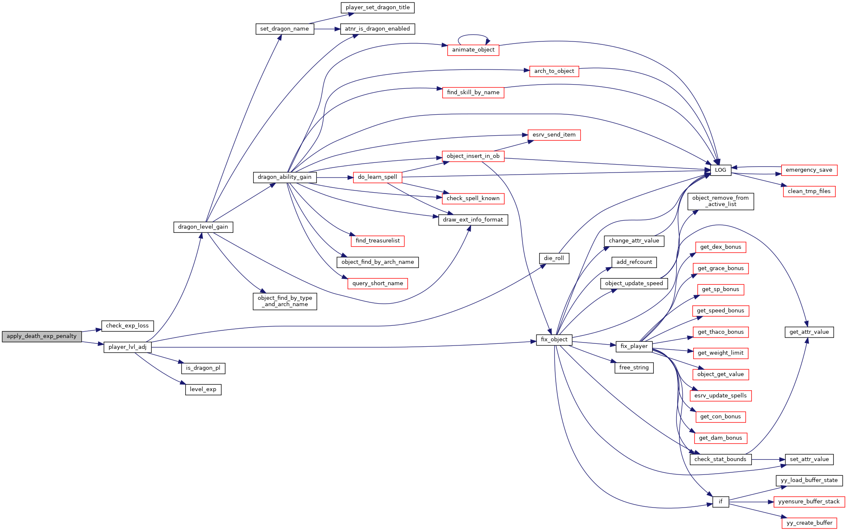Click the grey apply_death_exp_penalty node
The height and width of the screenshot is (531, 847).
[41, 336]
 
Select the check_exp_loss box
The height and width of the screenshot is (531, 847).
[127, 326]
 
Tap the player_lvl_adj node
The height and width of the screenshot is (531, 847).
[127, 347]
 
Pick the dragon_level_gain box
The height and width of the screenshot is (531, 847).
[203, 227]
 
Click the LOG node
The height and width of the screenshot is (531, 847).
[720, 170]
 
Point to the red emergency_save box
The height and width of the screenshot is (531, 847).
[809, 170]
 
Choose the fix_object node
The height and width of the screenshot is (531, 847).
[554, 340]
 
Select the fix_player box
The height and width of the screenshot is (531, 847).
[634, 346]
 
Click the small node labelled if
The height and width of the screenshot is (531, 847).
[720, 502]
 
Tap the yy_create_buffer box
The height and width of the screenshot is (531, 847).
[809, 523]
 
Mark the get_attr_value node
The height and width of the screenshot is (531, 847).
[809, 332]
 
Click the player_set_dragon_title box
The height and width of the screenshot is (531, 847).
[378, 8]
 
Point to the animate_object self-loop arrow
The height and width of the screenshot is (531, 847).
[474, 35]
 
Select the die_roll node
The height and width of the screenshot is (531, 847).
[554, 258]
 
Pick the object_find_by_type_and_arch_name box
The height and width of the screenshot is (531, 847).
[285, 301]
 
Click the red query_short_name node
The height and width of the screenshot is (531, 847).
[378, 284]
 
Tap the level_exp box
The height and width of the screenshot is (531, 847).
[203, 389]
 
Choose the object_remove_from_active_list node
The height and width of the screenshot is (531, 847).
[720, 201]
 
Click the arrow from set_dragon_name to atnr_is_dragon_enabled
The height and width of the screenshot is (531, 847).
[327, 29]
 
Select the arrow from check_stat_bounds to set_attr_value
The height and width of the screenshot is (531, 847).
[768, 460]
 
